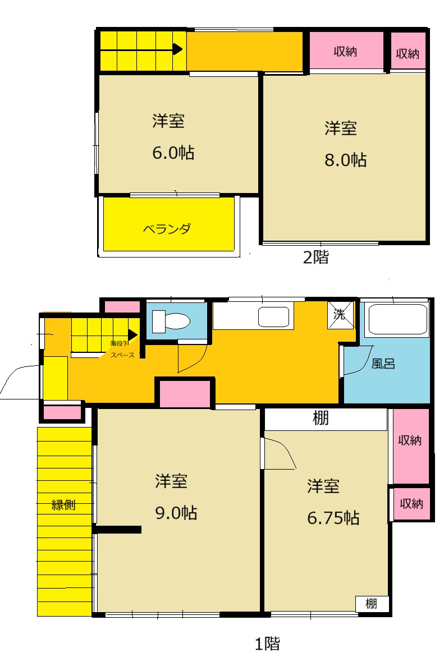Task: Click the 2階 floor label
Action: tap(315, 258)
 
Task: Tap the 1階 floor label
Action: tap(267, 644)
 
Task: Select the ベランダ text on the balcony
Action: tap(167, 229)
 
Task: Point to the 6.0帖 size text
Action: tap(173, 153)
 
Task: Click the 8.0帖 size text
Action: tap(346, 160)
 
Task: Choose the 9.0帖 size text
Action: tap(175, 513)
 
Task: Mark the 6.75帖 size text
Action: tap(333, 517)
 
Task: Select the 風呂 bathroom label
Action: tap(383, 364)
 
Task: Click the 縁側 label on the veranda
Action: tap(63, 504)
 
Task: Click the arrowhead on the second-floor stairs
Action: tap(177, 49)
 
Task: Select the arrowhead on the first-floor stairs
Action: tap(133, 334)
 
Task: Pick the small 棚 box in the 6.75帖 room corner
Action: tap(372, 604)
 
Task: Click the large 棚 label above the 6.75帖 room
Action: tap(321, 418)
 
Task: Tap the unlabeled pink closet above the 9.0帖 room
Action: tap(185, 393)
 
